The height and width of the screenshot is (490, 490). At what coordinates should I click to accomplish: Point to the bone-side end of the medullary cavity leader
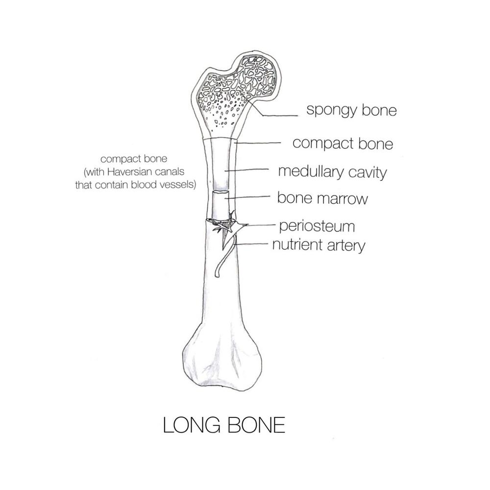(225, 171)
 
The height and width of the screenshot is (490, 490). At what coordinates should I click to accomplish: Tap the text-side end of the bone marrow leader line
(269, 196)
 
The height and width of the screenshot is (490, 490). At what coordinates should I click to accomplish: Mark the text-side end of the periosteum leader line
(275, 224)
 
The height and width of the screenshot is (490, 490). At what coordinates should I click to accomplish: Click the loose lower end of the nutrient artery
(217, 275)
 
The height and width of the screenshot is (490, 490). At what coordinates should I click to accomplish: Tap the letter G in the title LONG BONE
(213, 425)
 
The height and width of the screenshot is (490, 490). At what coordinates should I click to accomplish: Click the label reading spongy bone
(351, 110)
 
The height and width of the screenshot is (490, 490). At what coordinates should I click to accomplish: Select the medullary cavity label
(333, 172)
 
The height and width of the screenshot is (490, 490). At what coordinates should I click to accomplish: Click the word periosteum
(317, 226)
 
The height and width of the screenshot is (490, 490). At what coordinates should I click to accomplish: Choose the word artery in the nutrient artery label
(346, 245)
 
